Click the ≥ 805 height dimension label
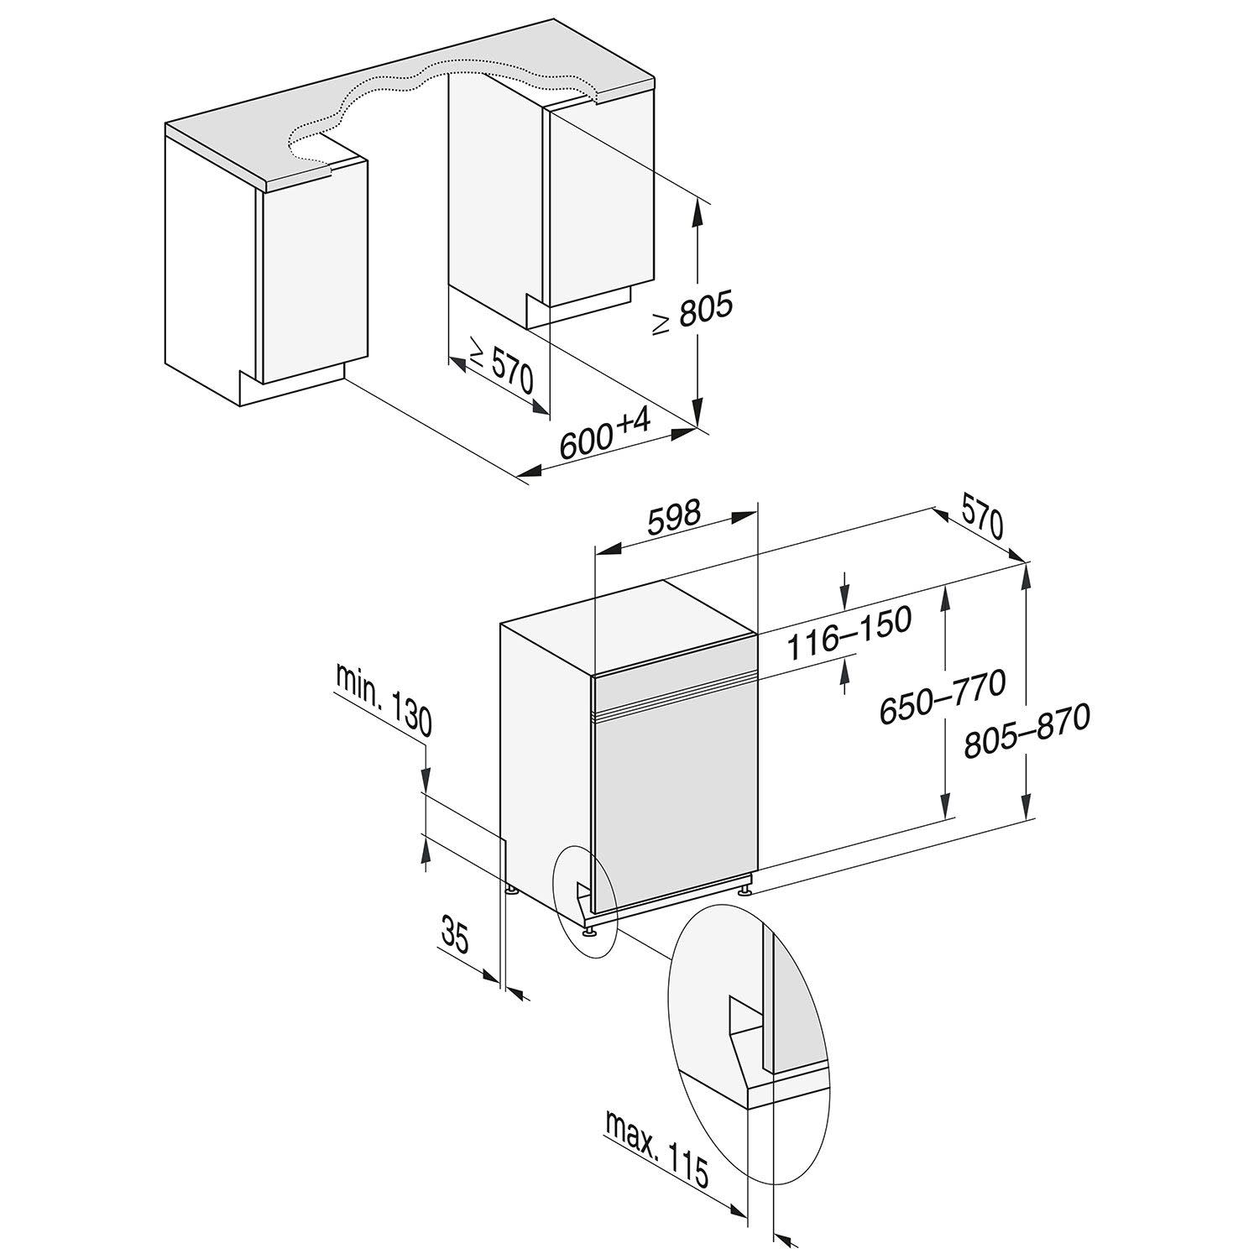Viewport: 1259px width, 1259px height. [x=693, y=315]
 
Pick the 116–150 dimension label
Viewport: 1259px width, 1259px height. [x=849, y=633]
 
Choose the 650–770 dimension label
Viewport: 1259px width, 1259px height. [x=941, y=696]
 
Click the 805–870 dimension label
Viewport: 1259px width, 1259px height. [x=1027, y=730]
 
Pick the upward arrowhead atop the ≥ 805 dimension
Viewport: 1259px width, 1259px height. [x=697, y=213]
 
